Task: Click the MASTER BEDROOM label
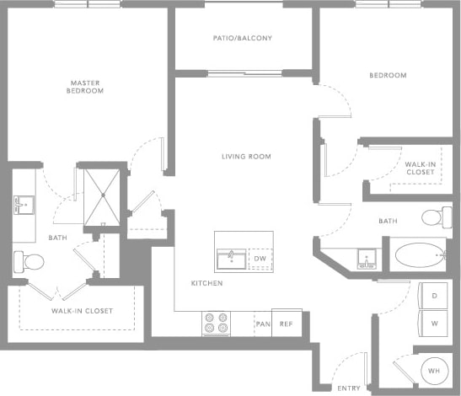(x=87, y=86)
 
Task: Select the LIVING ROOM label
(x=246, y=157)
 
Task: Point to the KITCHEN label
(x=206, y=283)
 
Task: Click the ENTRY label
(x=349, y=388)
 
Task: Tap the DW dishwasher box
(x=261, y=259)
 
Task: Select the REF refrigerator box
(x=287, y=324)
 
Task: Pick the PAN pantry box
(x=262, y=324)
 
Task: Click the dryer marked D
(x=434, y=296)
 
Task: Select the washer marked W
(x=434, y=323)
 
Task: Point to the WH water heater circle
(x=434, y=370)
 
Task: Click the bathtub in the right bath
(x=417, y=253)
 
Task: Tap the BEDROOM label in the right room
(x=388, y=76)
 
